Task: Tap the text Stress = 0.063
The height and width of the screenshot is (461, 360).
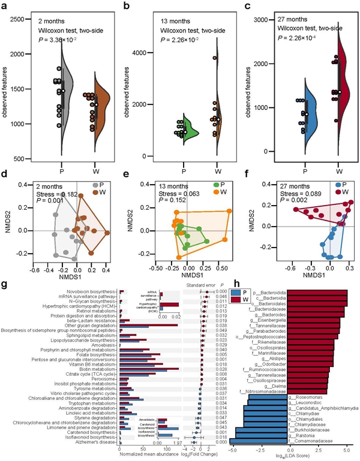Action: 160,194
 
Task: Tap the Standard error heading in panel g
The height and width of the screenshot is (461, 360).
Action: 202,285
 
